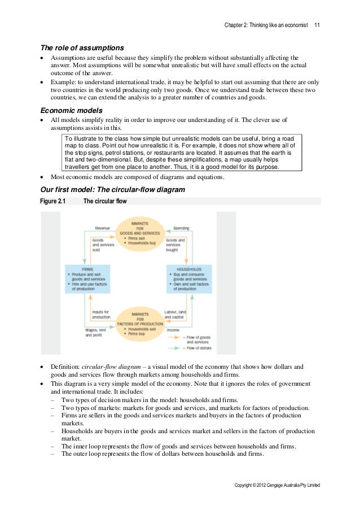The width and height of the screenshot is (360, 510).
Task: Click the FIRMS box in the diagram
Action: point(87,278)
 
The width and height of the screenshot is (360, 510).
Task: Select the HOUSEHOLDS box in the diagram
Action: point(189,278)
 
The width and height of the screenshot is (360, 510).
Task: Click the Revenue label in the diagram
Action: point(102,228)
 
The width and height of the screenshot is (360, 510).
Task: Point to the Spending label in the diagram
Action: point(181,228)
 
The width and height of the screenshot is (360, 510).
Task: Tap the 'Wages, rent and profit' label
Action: point(95,333)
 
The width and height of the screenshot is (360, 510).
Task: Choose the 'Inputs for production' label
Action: point(102,314)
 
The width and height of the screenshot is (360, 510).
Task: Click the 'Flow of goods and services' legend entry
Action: point(197,339)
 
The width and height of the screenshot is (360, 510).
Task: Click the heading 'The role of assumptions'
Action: point(82,47)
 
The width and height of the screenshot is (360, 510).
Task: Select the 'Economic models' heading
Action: point(71,110)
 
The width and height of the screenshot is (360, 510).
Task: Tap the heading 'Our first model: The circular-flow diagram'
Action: point(112,190)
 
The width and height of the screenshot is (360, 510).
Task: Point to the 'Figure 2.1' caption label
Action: point(53,201)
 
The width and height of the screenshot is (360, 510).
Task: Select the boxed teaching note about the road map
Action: point(181,152)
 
